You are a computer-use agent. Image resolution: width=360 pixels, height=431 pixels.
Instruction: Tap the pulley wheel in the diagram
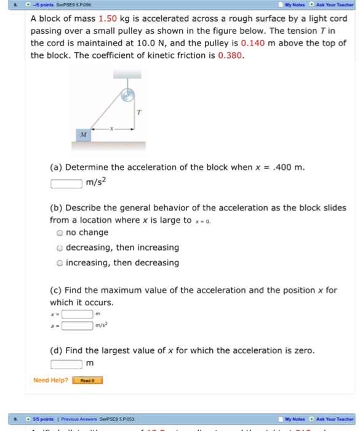pyautogui.click(x=127, y=95)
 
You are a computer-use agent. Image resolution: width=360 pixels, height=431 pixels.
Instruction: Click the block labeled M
pyautogui.click(x=83, y=134)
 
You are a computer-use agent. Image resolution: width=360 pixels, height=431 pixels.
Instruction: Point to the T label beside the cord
pyautogui.click(x=140, y=113)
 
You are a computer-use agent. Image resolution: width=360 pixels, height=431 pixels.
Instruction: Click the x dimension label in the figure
pyautogui.click(x=111, y=129)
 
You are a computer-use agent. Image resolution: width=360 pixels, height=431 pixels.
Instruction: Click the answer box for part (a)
pyautogui.click(x=66, y=182)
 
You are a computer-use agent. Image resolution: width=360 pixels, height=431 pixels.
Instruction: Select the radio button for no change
pyautogui.click(x=59, y=233)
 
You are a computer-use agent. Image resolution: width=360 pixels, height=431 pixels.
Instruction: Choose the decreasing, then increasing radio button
pyautogui.click(x=59, y=248)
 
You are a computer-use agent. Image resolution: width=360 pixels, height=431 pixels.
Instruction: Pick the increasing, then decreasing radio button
pyautogui.click(x=59, y=263)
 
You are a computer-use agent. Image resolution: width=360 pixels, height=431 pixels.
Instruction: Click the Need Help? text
pyautogui.click(x=50, y=380)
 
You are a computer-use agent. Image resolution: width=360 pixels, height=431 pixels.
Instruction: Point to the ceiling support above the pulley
pyautogui.click(x=127, y=74)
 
